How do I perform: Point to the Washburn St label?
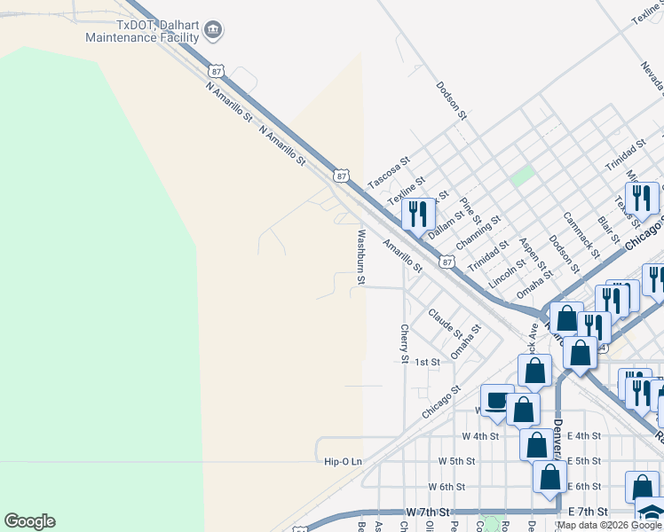(360, 257)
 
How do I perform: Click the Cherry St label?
(404, 344)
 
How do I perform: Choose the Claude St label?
(445, 323)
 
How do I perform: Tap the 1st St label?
(428, 362)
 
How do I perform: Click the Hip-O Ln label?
(344, 461)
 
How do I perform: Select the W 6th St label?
(447, 487)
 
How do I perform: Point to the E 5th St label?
(583, 461)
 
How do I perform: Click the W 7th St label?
(429, 512)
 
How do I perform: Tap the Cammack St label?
(580, 230)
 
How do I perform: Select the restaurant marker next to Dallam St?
(418, 213)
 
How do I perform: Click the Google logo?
(29, 521)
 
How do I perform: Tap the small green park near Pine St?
(523, 176)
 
